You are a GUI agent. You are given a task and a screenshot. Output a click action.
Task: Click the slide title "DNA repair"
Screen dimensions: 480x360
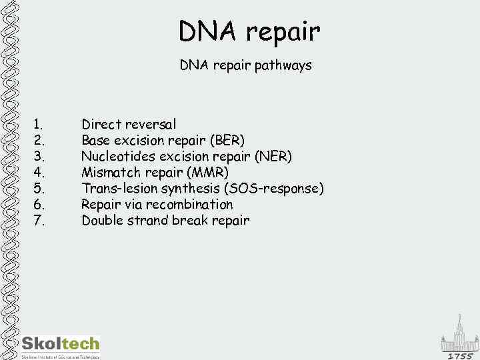249,31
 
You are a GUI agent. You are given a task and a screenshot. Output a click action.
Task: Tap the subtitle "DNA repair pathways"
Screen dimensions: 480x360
245,66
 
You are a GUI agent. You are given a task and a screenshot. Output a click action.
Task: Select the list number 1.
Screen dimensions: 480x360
39,124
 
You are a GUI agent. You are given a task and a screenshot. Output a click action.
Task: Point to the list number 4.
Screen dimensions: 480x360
39,173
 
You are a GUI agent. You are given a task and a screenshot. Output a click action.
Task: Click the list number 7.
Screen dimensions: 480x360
39,221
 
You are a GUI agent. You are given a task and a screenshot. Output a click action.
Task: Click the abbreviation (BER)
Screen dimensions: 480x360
227,141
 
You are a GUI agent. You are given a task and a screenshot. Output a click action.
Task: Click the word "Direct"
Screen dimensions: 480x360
102,124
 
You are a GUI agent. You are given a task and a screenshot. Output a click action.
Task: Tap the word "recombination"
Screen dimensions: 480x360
189,205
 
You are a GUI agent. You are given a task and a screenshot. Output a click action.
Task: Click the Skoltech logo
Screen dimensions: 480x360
60,345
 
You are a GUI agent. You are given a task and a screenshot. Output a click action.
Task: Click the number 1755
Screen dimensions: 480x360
459,356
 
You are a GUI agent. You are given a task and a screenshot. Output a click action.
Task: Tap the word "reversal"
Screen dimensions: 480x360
151,124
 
